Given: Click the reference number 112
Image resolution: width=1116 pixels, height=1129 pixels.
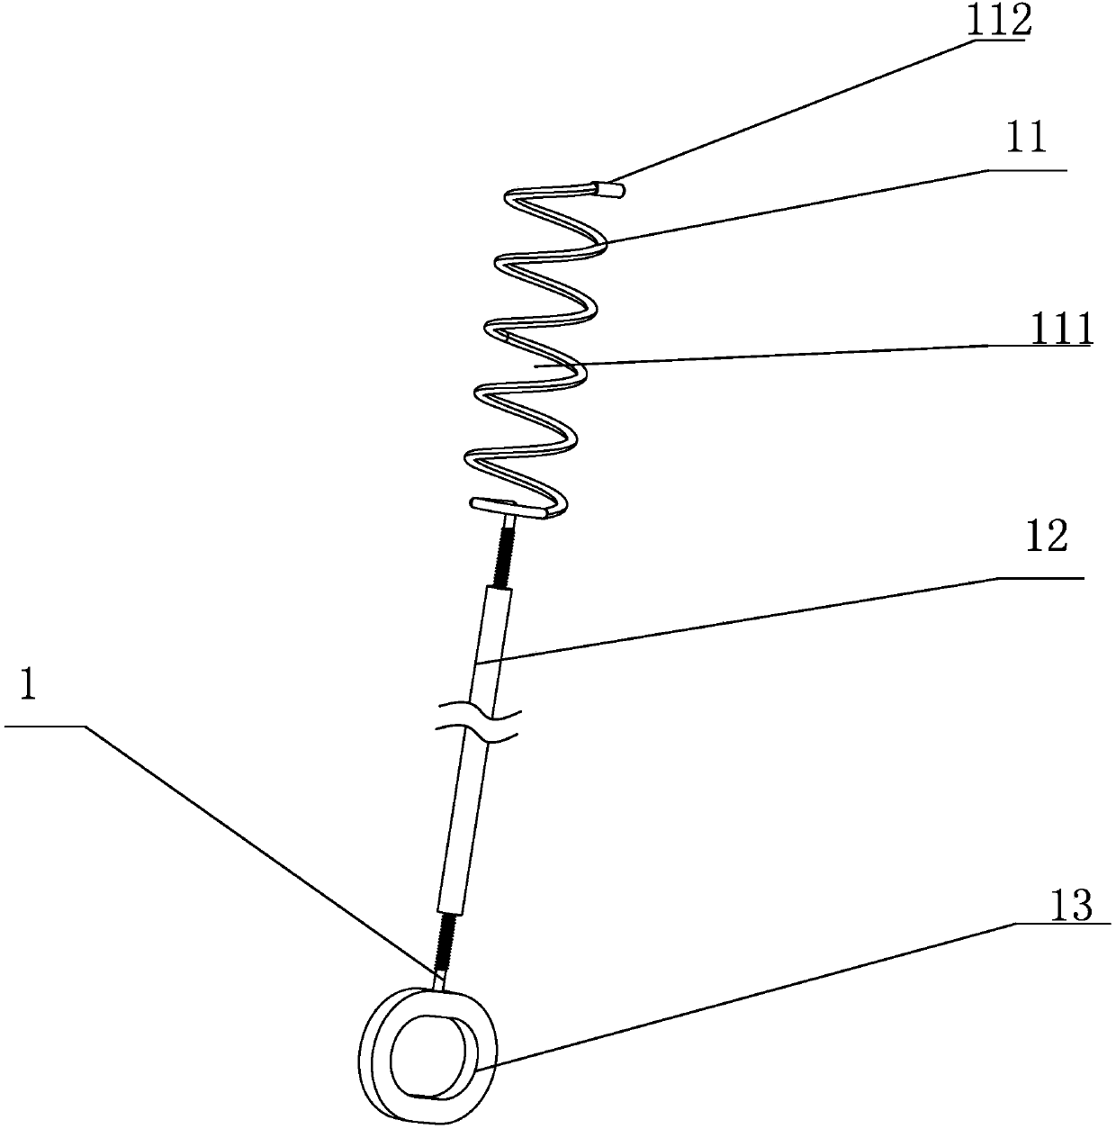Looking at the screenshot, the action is [997, 21].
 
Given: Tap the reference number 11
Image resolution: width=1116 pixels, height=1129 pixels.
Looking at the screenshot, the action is [1025, 140].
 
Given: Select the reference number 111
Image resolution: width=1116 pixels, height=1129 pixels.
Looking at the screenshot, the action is [1060, 330].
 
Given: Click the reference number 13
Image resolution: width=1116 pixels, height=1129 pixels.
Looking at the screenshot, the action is [1071, 907].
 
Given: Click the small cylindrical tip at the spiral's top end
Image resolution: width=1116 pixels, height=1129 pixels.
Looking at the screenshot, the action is [611, 189].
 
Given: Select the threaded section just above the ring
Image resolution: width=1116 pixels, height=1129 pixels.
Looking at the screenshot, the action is [447, 941].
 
